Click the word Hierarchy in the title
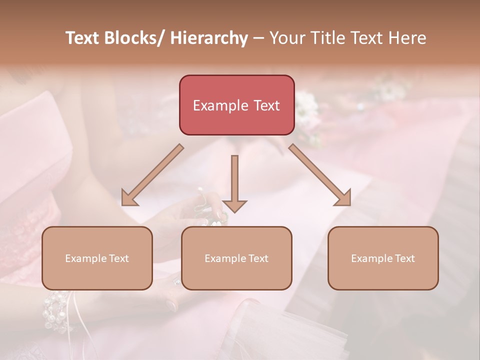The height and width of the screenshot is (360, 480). tap(208, 38)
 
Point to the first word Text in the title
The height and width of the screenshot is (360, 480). tap(82, 38)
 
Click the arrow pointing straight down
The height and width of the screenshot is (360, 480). tap(234, 182)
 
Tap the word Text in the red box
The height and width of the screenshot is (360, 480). tap(265, 105)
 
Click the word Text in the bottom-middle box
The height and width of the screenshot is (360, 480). tap(258, 258)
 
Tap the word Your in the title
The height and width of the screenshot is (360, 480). tap(286, 38)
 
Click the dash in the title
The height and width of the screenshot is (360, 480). tap(258, 39)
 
